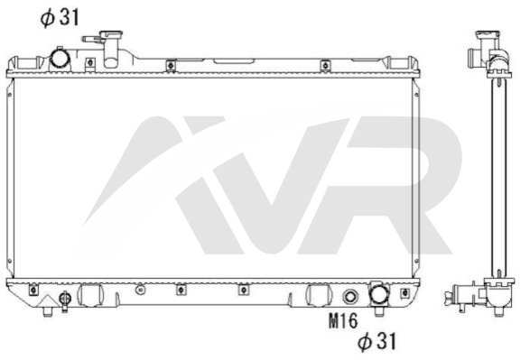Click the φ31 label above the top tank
point(60,17)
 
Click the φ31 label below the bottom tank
point(377,341)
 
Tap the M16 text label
point(343,320)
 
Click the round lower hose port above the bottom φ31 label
point(378,293)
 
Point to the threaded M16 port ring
point(350,297)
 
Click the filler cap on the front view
point(111,34)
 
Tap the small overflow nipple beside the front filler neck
point(91,40)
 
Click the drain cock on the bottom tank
point(65,300)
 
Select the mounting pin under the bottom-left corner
point(48,311)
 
